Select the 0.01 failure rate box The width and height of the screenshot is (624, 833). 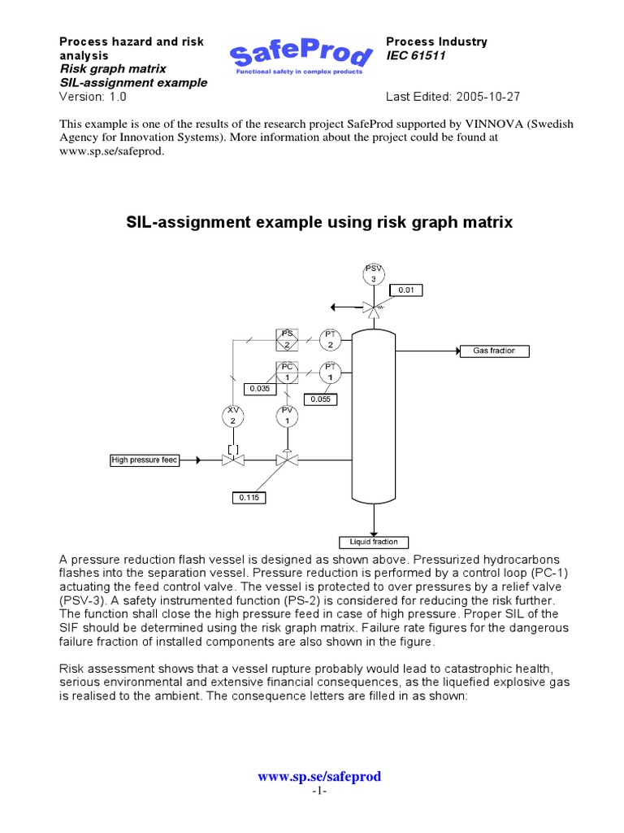click(x=405, y=290)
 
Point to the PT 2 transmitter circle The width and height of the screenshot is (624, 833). click(x=330, y=339)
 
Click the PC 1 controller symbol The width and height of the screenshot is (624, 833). click(x=286, y=373)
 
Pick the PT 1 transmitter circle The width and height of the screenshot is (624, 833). click(x=330, y=373)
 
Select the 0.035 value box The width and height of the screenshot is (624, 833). click(x=259, y=388)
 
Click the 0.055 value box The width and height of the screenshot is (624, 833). click(x=319, y=399)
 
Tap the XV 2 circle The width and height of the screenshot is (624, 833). click(x=233, y=416)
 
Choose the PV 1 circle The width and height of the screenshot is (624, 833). click(x=286, y=416)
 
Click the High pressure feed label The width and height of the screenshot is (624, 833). click(x=145, y=460)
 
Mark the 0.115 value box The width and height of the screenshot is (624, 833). click(x=249, y=497)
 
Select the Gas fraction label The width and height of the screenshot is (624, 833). click(x=494, y=351)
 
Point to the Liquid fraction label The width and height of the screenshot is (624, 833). click(x=373, y=542)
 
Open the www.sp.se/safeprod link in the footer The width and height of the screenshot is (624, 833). click(x=319, y=777)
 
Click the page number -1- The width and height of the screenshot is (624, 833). click(x=319, y=792)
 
